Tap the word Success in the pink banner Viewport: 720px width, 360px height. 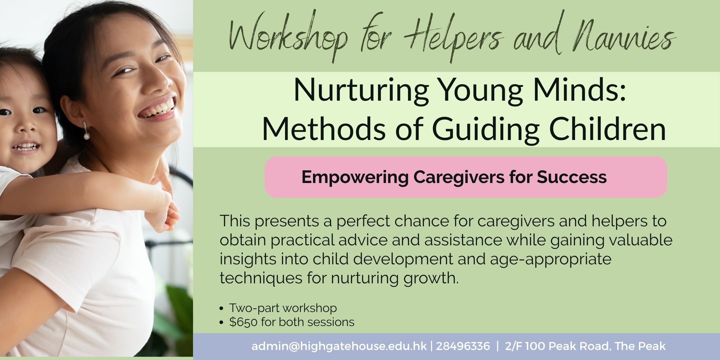point(572,177)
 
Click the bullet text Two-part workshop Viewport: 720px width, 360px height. point(283,308)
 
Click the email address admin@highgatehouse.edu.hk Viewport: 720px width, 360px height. point(339,346)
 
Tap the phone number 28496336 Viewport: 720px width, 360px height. point(463,346)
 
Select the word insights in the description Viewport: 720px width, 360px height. point(248,259)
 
